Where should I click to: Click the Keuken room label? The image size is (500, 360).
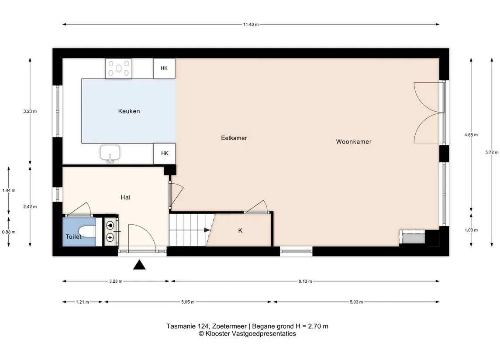coord(129,111)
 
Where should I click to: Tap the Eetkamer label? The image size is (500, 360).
coord(234,138)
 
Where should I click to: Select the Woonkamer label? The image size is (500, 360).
coord(354,142)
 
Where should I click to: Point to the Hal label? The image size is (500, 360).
coord(125,198)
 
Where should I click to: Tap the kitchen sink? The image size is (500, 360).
coord(110,153)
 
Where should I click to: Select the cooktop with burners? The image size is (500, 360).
coord(119,69)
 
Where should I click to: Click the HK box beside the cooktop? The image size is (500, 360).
coord(164,68)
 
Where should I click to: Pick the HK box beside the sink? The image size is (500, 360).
coord(165,154)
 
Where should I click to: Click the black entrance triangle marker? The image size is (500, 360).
coord(139,265)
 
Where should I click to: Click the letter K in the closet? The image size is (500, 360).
coord(241,231)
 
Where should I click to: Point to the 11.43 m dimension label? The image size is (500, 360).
coord(251,24)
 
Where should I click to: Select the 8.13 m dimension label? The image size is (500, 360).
coord(305,281)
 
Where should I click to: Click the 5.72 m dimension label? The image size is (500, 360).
coord(492,153)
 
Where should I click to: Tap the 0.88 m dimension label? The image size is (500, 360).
coord(9,232)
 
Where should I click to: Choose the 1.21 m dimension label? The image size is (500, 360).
coord(82,302)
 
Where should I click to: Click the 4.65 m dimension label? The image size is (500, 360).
coord(471,135)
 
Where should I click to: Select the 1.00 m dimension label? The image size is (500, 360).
coord(471,230)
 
